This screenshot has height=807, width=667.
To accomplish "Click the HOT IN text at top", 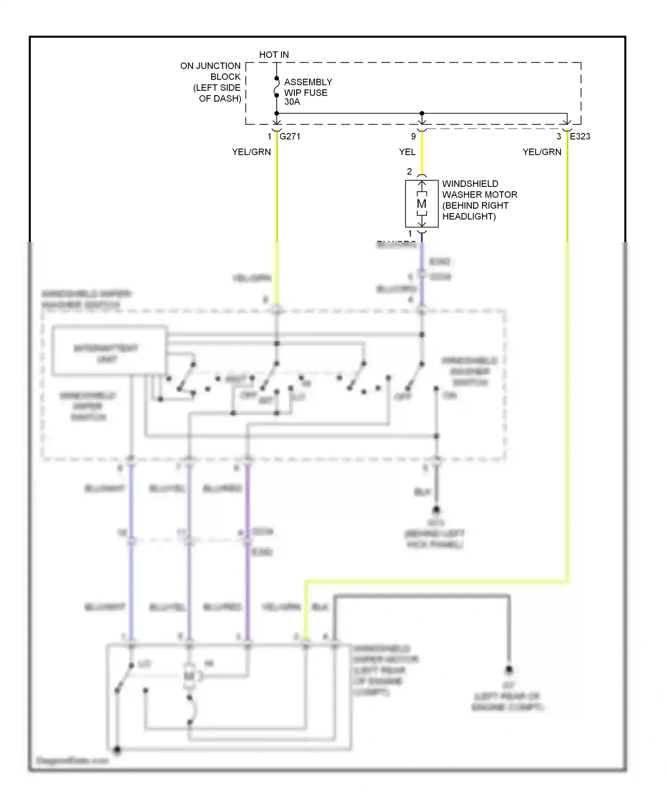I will click(x=274, y=55).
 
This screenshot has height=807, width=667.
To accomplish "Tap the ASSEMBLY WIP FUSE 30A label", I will click(x=308, y=92).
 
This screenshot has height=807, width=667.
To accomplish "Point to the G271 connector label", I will click(x=290, y=137).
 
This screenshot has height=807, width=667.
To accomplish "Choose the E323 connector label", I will click(x=580, y=137).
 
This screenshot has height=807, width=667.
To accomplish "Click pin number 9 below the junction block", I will click(x=414, y=137).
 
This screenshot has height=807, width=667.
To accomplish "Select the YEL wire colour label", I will click(x=407, y=152).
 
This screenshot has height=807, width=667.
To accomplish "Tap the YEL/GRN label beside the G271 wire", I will click(x=251, y=152).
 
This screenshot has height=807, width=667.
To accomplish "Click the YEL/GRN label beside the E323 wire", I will click(x=542, y=152).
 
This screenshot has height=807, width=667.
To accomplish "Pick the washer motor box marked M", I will click(x=422, y=204).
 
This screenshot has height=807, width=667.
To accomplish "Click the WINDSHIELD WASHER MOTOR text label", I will click(x=479, y=200).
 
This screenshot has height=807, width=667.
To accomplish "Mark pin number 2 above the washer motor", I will click(x=410, y=171).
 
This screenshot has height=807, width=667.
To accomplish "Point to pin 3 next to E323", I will click(x=559, y=137).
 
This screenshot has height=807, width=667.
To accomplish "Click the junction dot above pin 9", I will click(x=422, y=113).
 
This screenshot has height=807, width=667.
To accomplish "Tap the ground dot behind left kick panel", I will click(x=436, y=509).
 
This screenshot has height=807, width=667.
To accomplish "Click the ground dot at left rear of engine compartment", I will click(x=509, y=670).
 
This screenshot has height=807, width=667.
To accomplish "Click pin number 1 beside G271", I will click(x=269, y=137).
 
